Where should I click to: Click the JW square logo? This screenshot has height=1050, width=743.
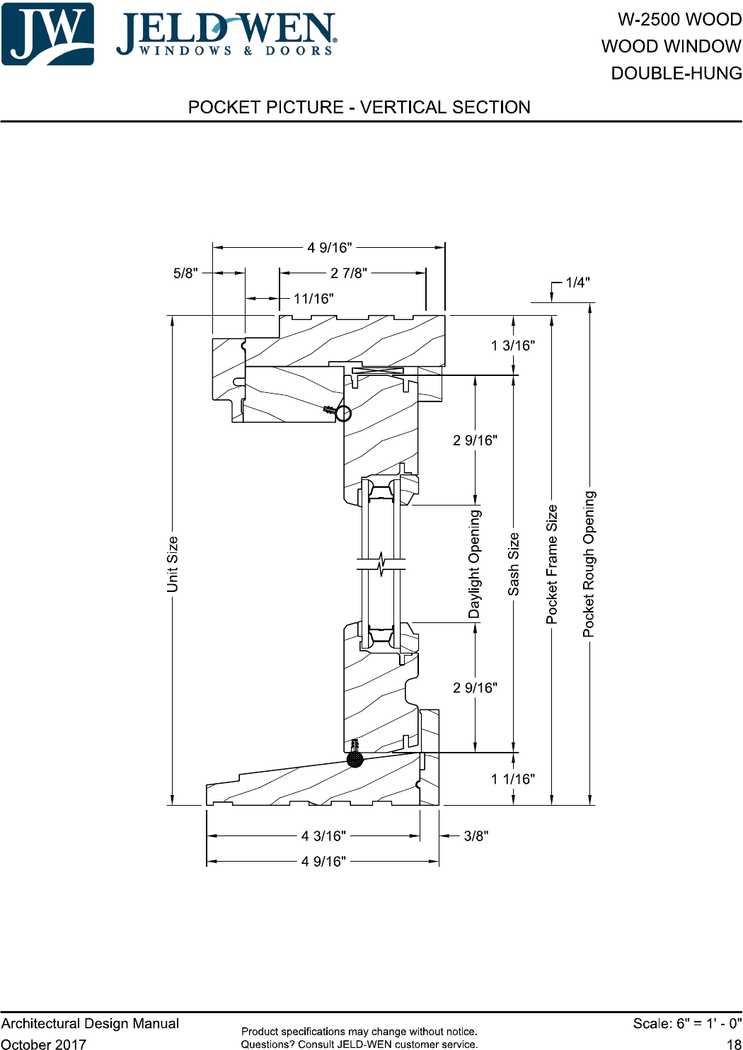click(48, 34)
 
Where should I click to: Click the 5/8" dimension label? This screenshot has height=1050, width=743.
click(185, 273)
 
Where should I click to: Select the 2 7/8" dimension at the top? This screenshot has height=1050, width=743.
click(349, 273)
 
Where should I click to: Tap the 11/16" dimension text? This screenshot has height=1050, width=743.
click(313, 298)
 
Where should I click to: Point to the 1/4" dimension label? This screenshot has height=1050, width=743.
click(577, 283)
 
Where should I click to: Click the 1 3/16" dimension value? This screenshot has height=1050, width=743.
click(512, 346)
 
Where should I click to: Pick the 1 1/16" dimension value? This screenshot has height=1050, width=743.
click(512, 779)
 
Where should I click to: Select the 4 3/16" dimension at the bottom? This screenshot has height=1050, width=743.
click(323, 835)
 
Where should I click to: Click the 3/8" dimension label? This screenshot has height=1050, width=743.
click(476, 835)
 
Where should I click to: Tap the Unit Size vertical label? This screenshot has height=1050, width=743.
click(173, 564)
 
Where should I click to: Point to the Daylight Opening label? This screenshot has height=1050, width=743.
click(475, 564)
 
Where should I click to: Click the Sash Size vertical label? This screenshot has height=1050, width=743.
click(514, 564)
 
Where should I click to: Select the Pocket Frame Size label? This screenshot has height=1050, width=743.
click(552, 564)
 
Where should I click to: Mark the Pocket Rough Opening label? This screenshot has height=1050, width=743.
click(589, 564)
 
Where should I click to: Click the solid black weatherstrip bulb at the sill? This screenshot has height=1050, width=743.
click(355, 759)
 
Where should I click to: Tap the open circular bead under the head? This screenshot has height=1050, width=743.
click(344, 413)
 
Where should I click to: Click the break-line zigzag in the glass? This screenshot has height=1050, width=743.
click(381, 564)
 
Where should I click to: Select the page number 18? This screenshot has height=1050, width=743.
click(734, 1044)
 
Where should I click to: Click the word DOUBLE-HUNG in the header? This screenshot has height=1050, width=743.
click(676, 73)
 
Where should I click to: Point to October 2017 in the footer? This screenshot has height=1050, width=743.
click(44, 1044)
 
